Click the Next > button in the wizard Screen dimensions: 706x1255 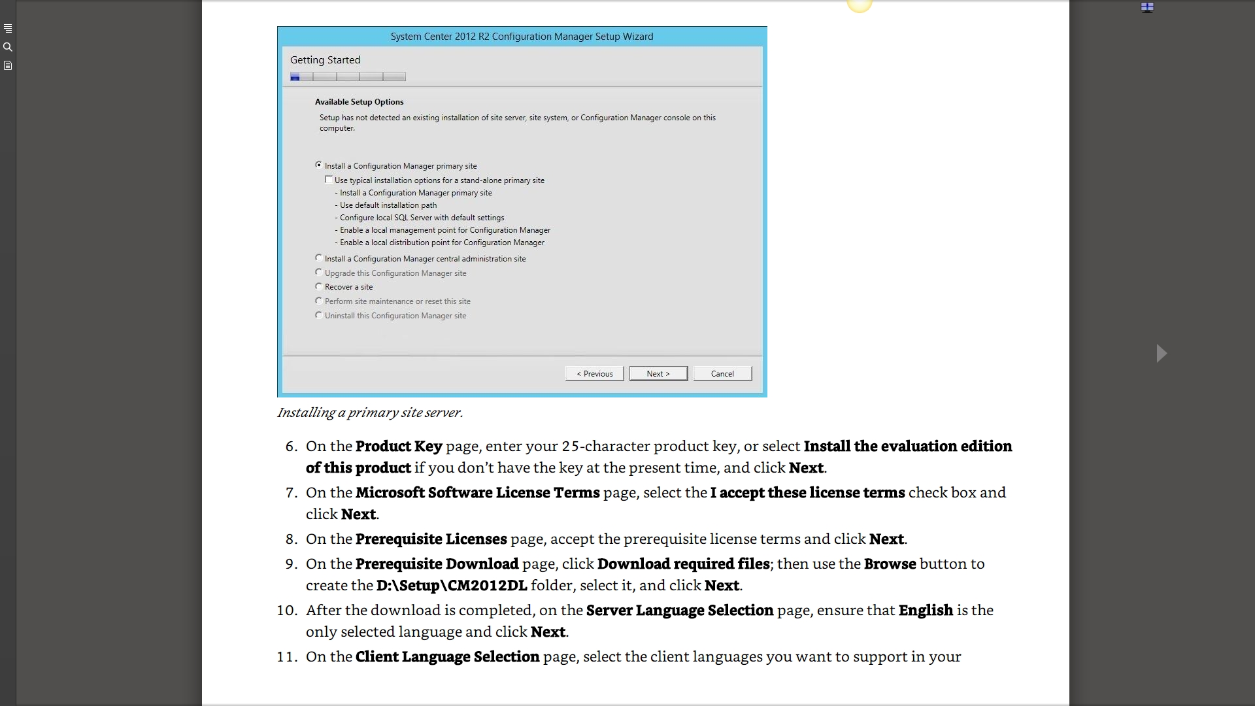tap(658, 373)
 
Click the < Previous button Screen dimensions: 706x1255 tap(594, 373)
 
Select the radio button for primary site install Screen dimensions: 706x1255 tap(319, 165)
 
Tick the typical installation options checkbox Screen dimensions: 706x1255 tap(329, 180)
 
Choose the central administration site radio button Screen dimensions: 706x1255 tap(319, 258)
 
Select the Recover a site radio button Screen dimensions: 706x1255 tap(319, 286)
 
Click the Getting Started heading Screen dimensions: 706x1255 tap(325, 60)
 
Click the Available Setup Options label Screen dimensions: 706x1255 tap(359, 102)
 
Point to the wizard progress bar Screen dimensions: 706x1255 tap(348, 77)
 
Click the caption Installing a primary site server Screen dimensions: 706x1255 tap(370, 412)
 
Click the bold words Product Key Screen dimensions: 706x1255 tap(399, 446)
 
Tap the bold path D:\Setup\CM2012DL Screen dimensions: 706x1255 tap(452, 586)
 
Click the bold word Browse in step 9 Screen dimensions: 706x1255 tap(890, 564)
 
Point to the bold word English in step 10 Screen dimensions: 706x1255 tap(926, 611)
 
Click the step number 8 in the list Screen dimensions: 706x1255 tap(291, 539)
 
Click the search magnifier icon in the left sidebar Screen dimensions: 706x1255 tap(8, 47)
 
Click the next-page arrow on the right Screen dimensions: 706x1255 tap(1162, 354)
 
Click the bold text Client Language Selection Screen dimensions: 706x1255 tap(447, 657)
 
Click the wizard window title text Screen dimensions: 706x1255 tap(522, 37)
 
